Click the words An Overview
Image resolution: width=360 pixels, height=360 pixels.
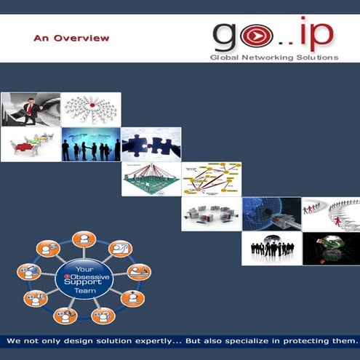[x=71, y=38]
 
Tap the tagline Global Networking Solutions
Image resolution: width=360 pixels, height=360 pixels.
[x=273, y=57]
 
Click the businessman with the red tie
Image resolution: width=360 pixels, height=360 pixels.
[x=29, y=109]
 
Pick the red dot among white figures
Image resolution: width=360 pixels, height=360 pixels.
[x=92, y=105]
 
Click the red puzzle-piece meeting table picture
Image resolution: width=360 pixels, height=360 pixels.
[x=31, y=144]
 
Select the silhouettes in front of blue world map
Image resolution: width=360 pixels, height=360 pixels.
[x=91, y=144]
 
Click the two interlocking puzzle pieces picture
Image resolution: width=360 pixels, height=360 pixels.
[x=151, y=144]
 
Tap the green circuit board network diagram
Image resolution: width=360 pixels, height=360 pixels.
[x=151, y=179]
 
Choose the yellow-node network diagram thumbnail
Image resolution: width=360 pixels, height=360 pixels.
[x=212, y=179]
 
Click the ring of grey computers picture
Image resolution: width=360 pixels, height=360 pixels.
[x=212, y=214]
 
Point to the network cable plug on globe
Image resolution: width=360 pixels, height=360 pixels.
[x=272, y=214]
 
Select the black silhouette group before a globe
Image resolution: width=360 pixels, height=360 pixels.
[x=272, y=248]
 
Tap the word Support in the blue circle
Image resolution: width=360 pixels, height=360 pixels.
[x=84, y=283]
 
